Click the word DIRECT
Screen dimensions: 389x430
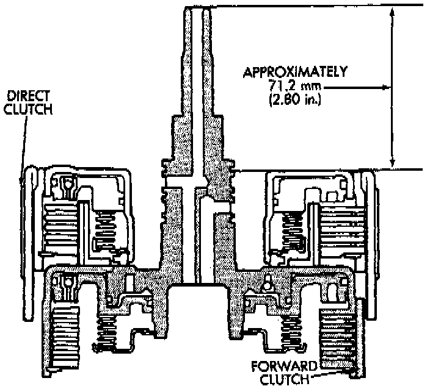[29, 96]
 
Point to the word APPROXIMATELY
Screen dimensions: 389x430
[295, 72]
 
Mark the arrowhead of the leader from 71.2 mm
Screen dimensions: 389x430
[386, 87]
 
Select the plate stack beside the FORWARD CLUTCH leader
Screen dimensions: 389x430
[337, 338]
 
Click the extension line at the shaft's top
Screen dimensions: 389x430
[305, 6]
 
